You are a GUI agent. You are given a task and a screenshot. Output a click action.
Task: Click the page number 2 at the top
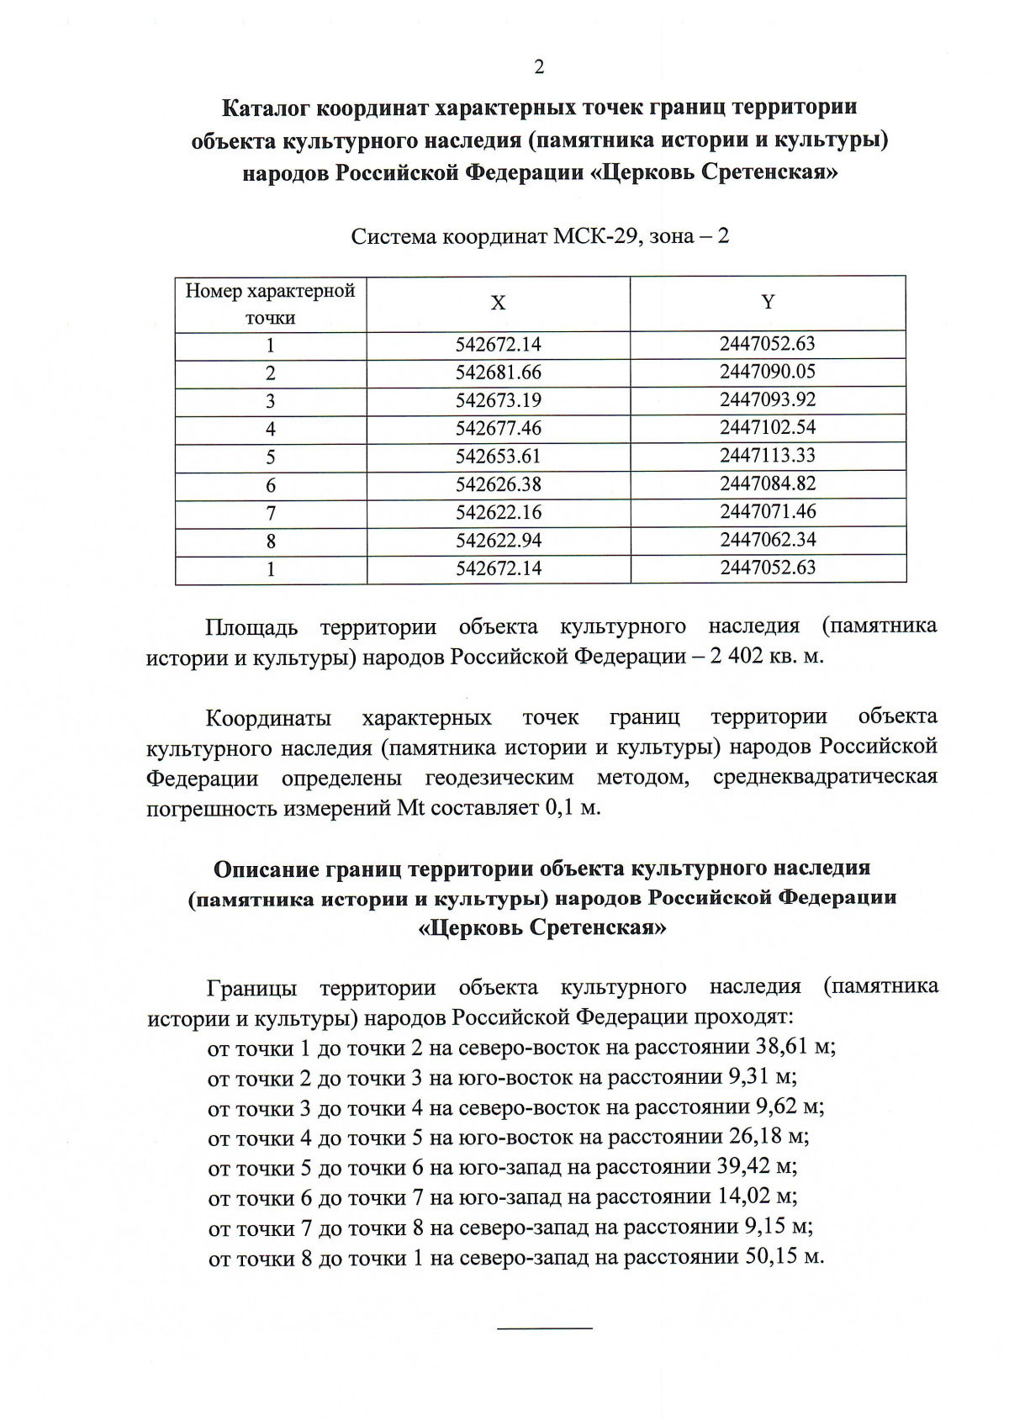point(538,67)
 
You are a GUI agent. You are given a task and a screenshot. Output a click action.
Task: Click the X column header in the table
point(498,304)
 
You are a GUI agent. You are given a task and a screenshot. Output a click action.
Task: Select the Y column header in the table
point(768,302)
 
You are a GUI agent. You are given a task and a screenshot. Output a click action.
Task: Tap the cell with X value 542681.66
point(499,372)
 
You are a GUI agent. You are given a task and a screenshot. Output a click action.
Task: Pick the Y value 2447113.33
point(768,455)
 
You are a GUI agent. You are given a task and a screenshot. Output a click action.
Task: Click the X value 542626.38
point(499,484)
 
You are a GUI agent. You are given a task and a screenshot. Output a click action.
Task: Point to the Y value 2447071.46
point(768,511)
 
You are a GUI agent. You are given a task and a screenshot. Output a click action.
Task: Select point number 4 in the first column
point(271,429)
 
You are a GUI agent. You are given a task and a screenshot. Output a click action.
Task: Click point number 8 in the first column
point(271,541)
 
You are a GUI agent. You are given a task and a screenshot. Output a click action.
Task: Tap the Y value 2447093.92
point(768,399)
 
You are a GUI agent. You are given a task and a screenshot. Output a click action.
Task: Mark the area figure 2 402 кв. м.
point(766,657)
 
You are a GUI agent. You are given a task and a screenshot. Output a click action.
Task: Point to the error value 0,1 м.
point(573,808)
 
